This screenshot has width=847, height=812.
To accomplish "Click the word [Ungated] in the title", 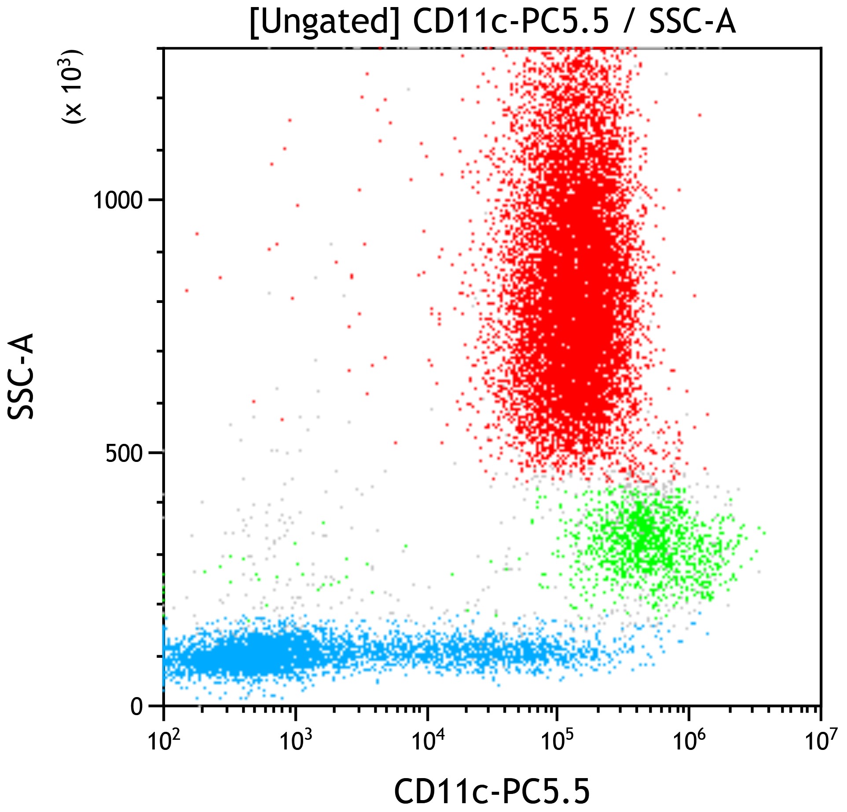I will coord(324,22).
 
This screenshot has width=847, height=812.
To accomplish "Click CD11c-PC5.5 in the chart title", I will coord(511,22).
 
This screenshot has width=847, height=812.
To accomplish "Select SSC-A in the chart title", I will coord(692,22).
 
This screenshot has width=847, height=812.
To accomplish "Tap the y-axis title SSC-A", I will coord(21,376).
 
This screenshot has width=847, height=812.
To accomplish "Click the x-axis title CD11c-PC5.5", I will coord(491,791).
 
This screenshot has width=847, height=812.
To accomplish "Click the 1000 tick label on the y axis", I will coord(118,201).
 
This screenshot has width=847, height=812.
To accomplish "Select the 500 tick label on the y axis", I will coord(125,454).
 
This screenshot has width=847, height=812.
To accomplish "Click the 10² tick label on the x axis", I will coord(162,741).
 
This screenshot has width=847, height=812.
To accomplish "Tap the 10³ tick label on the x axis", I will coord(294,741).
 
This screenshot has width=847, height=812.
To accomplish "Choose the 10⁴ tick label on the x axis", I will coord(425,741).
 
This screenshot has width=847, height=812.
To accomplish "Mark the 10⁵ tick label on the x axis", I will coord(557,741).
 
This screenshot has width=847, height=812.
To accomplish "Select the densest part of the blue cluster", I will coord(260,652).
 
